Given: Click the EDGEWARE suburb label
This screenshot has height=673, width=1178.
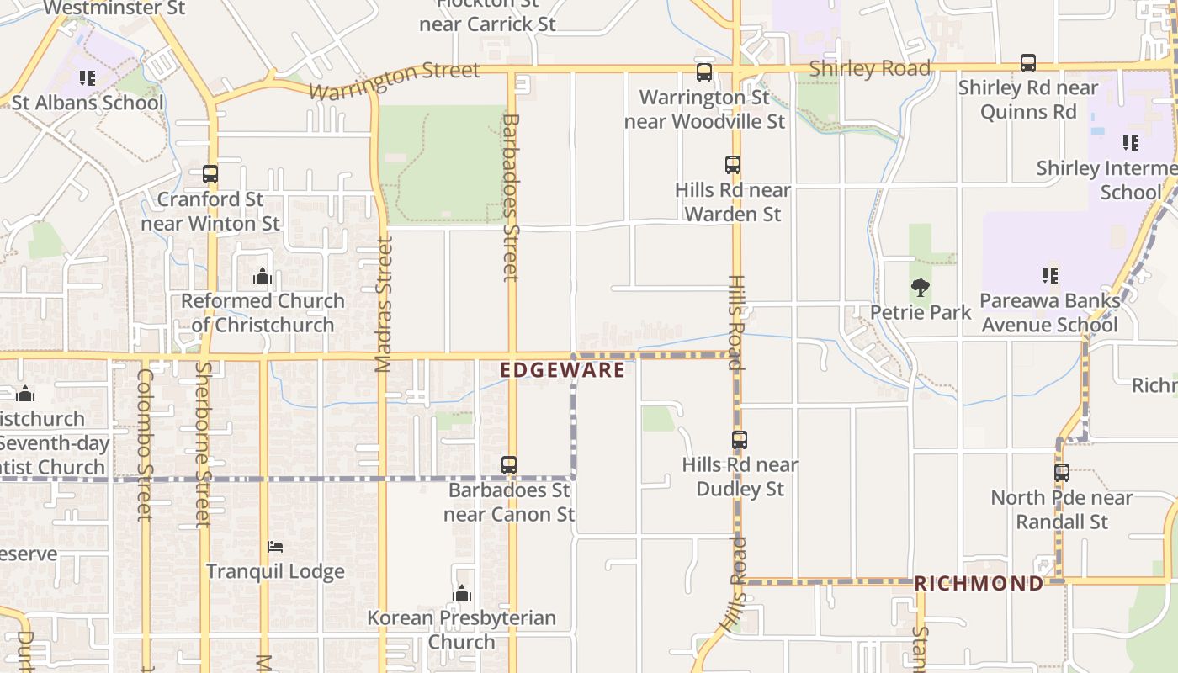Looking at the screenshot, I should pyautogui.click(x=562, y=370).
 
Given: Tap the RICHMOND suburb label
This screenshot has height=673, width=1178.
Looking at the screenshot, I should pyautogui.click(x=978, y=583).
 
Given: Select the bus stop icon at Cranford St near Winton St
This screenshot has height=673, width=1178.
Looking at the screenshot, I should pyautogui.click(x=210, y=174).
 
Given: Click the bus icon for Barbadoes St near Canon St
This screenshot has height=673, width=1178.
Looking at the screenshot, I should pyautogui.click(x=509, y=464).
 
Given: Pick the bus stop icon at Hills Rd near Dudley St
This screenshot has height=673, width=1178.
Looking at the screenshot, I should pyautogui.click(x=739, y=439).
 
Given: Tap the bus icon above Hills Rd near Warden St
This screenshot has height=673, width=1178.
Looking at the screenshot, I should pyautogui.click(x=733, y=164).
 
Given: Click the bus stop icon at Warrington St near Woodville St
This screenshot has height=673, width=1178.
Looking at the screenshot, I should pyautogui.click(x=704, y=72).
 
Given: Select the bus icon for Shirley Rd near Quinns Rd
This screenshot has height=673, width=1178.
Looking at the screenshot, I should pyautogui.click(x=1027, y=62).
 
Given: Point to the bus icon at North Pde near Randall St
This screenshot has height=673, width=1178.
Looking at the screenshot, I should pyautogui.click(x=1062, y=472).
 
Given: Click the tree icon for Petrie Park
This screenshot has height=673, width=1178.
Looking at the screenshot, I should pyautogui.click(x=921, y=288).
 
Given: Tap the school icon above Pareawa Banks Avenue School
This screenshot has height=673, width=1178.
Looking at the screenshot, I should pyautogui.click(x=1049, y=275).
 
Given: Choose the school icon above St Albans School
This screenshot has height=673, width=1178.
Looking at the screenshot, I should pyautogui.click(x=88, y=78).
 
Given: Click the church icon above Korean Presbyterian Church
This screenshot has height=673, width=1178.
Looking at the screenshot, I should pyautogui.click(x=461, y=593).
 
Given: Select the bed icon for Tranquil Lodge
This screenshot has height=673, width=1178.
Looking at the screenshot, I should pyautogui.click(x=275, y=547).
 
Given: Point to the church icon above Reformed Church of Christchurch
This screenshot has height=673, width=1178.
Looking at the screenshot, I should pyautogui.click(x=263, y=276).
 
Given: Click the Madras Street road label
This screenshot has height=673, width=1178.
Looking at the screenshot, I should pyautogui.click(x=384, y=305).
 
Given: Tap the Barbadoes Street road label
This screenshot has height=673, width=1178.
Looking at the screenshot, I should pyautogui.click(x=510, y=198).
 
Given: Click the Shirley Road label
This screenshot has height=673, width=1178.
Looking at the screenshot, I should pyautogui.click(x=869, y=68).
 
